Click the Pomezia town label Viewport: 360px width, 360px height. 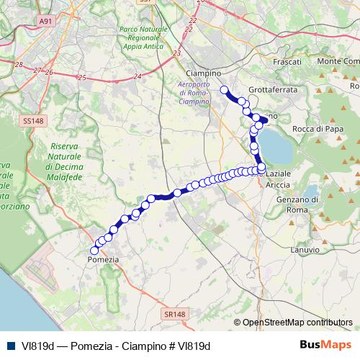point(102,258)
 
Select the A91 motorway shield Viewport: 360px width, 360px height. point(46,22)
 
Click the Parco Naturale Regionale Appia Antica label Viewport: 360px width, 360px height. point(145,41)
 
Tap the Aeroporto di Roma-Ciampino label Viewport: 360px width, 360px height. point(193,93)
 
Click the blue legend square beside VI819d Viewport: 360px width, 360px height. point(9,346)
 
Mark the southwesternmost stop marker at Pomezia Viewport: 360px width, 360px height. point(94,250)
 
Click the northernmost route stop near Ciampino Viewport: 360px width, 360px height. point(224,90)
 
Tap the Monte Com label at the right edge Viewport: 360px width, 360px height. point(338,61)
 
